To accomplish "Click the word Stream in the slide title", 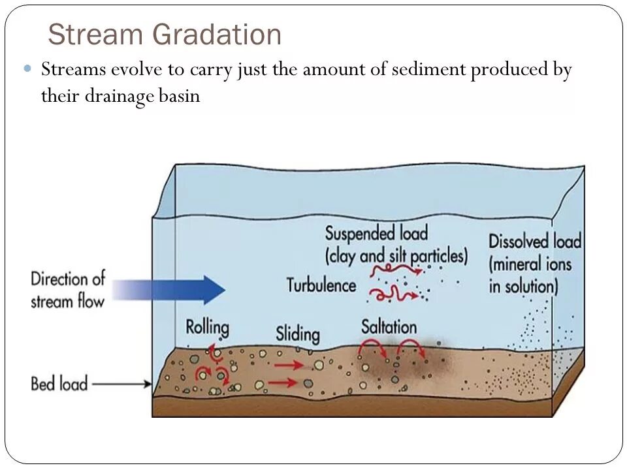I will click(x=89, y=35).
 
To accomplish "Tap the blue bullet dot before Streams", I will click(x=27, y=68).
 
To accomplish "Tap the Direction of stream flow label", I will click(x=67, y=289).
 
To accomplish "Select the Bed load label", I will click(x=59, y=383).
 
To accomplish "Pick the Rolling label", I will click(x=207, y=326).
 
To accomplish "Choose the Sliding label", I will click(x=298, y=334).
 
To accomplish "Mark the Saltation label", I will click(x=389, y=326).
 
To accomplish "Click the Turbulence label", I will click(x=321, y=285).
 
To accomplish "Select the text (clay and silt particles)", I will click(x=396, y=255).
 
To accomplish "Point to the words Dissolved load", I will click(x=534, y=242).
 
